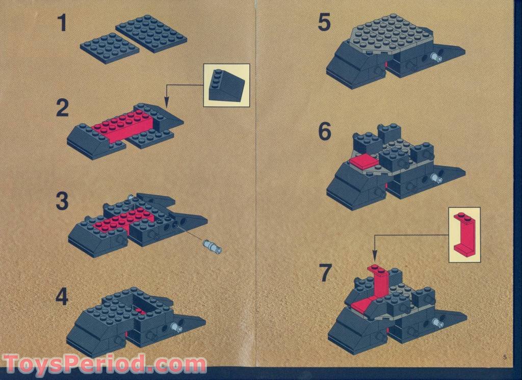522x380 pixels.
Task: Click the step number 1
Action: [x=63, y=23]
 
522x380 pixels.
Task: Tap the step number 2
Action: [x=62, y=108]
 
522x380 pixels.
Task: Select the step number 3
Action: [x=62, y=201]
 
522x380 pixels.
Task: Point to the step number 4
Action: [x=62, y=297]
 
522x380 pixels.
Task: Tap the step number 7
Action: [x=325, y=273]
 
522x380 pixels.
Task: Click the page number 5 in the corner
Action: [x=505, y=358]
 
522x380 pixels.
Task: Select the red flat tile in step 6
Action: [x=364, y=161]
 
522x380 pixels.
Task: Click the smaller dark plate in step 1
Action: [x=110, y=48]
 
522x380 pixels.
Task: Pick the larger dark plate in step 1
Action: [x=151, y=33]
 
